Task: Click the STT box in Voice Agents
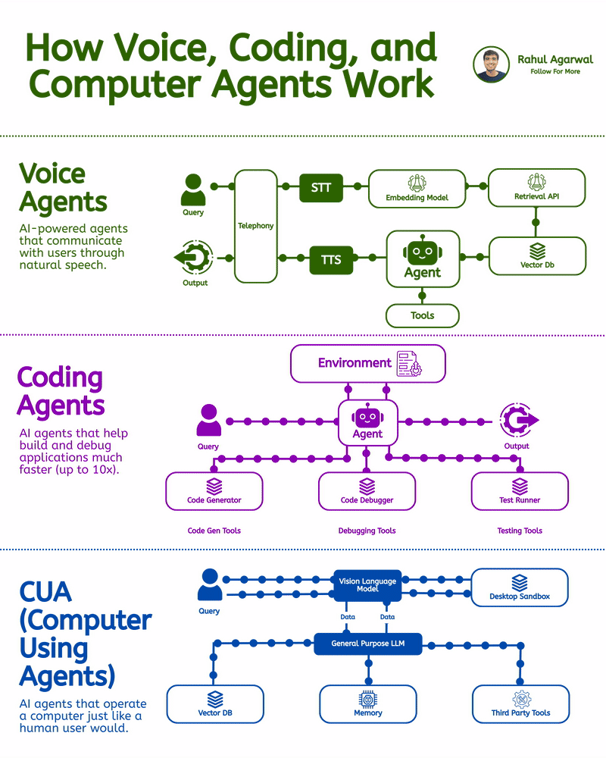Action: (x=321, y=187)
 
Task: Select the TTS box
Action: (x=331, y=260)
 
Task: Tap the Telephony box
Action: (x=256, y=226)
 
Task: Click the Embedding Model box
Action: (x=417, y=188)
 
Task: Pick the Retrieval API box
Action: (x=536, y=188)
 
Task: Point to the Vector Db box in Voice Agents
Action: (x=537, y=255)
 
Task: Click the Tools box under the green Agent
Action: (x=422, y=315)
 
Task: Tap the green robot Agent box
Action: (x=423, y=259)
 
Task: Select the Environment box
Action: (x=368, y=364)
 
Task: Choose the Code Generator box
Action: (x=214, y=491)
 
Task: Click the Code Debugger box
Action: (x=367, y=491)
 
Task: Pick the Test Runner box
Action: (x=520, y=491)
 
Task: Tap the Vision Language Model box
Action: (x=367, y=585)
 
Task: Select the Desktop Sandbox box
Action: (x=520, y=587)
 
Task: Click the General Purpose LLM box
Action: (x=367, y=644)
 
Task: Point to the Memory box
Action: (x=368, y=704)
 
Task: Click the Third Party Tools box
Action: (x=520, y=704)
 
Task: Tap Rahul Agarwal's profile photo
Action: (x=492, y=64)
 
